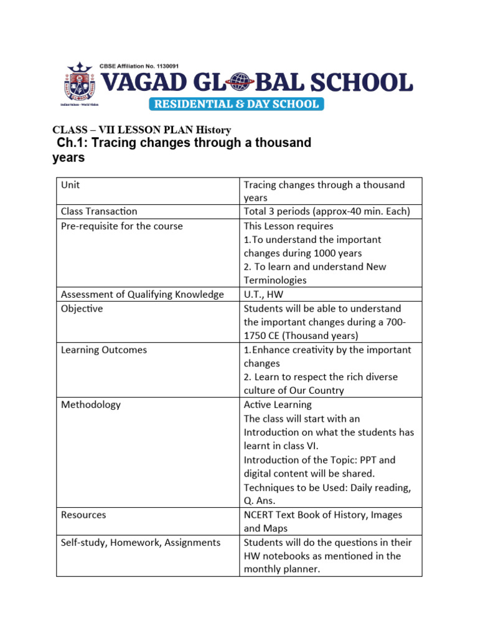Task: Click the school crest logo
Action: pos(79,87)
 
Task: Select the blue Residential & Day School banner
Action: pos(235,103)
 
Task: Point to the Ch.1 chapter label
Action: pos(70,143)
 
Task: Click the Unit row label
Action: pos(70,185)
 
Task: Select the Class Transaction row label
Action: pos(99,212)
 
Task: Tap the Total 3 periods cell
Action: pos(327,212)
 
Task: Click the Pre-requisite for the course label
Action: pos(121,226)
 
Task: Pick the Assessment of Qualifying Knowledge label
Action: pos(142,294)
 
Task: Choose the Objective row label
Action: pos(82,308)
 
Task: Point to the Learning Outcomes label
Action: pos(104,350)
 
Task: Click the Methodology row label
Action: pos(91,404)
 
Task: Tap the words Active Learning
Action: pos(278,404)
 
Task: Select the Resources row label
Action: pos(83,515)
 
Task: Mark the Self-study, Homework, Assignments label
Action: pos(141,542)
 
